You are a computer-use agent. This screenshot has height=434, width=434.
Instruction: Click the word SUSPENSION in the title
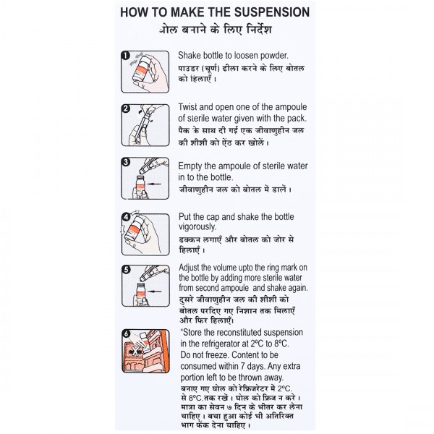[272, 12]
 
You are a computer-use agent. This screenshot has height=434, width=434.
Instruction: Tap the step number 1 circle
[125, 56]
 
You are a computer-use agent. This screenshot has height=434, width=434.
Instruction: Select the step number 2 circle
[126, 109]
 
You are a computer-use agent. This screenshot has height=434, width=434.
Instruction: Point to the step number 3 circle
[126, 161]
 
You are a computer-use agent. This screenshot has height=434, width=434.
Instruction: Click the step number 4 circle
[126, 217]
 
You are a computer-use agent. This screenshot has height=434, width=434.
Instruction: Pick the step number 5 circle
[126, 269]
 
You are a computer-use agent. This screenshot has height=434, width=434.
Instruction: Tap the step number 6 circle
[126, 333]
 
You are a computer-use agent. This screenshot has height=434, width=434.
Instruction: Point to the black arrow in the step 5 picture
[155, 292]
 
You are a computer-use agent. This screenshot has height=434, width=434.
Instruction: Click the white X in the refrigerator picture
[135, 352]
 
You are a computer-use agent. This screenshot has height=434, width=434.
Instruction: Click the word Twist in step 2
[187, 107]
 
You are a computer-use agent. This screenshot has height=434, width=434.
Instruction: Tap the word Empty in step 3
[190, 166]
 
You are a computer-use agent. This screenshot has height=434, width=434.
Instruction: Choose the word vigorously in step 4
[197, 227]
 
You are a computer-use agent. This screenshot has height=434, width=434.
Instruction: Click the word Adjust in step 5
[189, 268]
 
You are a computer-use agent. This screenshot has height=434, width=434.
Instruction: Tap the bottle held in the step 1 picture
[141, 69]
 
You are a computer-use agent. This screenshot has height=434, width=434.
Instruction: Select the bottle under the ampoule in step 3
[140, 185]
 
